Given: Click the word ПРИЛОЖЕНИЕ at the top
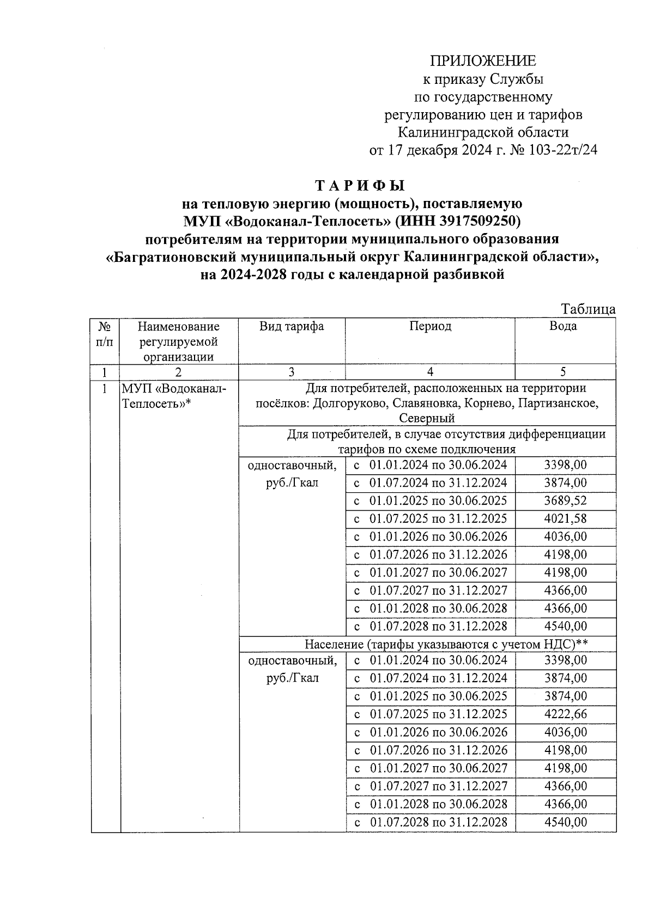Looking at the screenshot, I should (x=483, y=60).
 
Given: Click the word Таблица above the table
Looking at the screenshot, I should (x=588, y=309).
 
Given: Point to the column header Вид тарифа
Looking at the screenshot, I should (x=292, y=326).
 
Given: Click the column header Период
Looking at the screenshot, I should (x=430, y=326).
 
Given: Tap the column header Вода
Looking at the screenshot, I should (x=563, y=326).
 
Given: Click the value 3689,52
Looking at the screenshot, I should (x=565, y=500).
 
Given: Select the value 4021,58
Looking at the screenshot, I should (x=565, y=518).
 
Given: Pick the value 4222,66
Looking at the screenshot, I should (x=565, y=714).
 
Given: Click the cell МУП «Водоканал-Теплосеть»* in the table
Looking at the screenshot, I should (x=173, y=396).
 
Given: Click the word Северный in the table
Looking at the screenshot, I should (x=427, y=418).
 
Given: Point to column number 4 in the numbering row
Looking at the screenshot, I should (x=430, y=372).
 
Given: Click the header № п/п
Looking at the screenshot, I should (x=105, y=334).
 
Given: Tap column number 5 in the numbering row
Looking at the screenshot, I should (x=563, y=372).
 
